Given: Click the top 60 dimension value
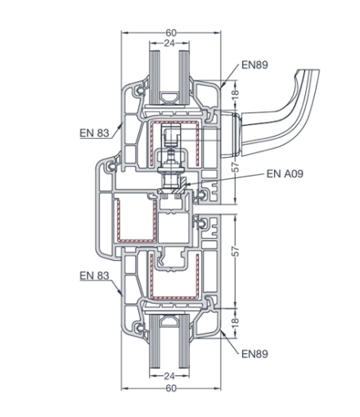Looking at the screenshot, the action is tap(171, 33).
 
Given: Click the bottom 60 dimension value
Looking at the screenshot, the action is tap(171, 388).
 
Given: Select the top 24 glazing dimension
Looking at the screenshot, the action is tap(169, 43).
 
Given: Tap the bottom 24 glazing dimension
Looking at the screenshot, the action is tap(169, 376).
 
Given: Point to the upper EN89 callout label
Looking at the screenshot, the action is tap(255, 65).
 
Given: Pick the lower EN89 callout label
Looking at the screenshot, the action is tap(255, 354).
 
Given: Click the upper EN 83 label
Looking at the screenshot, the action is tap(94, 133).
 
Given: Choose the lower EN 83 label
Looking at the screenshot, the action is tap(94, 276).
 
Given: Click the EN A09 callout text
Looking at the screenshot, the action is tap(285, 173).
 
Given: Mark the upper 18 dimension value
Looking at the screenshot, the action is tap(236, 93).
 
